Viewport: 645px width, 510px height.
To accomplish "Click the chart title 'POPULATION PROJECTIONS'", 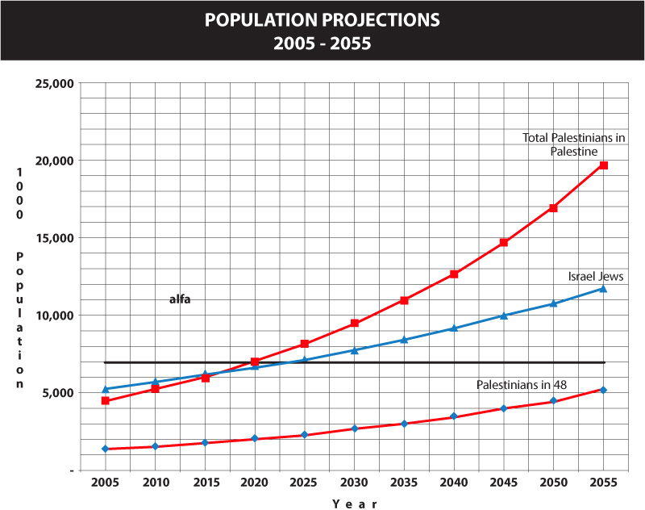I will pyautogui.click(x=322, y=19).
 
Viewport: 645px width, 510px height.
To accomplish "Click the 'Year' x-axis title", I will pyautogui.click(x=354, y=504).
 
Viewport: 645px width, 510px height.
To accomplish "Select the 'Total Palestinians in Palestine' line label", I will pyautogui.click(x=574, y=144).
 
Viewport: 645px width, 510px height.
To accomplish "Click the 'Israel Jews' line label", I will pyautogui.click(x=596, y=276).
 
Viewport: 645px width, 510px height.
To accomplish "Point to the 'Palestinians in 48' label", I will pyautogui.click(x=522, y=385).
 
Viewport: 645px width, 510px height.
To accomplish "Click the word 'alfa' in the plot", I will pyautogui.click(x=180, y=299).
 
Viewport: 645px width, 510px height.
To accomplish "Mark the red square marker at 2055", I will pyautogui.click(x=603, y=165).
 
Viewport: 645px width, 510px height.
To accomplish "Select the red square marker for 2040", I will pyautogui.click(x=454, y=274).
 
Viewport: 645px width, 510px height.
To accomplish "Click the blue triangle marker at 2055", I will pyautogui.click(x=603, y=288).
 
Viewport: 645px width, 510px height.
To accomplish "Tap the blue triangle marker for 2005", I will pyautogui.click(x=106, y=389).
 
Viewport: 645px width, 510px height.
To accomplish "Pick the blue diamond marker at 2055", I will pyautogui.click(x=603, y=390).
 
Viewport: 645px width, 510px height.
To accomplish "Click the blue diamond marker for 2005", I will pyautogui.click(x=106, y=449).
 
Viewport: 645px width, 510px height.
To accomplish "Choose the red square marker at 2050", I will pyautogui.click(x=553, y=208).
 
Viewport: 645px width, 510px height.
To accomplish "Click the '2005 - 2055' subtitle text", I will pyautogui.click(x=322, y=44).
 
